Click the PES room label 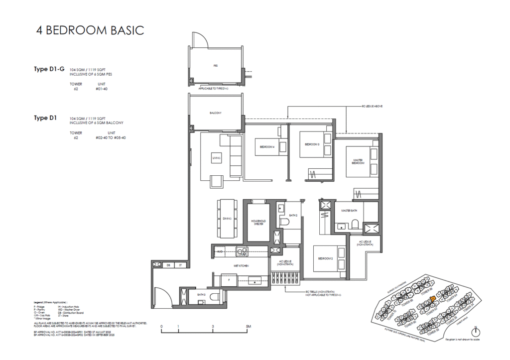[x=216, y=65]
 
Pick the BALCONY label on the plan [x=215, y=113]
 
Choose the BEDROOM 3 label [x=312, y=144]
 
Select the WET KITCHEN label [x=242, y=266]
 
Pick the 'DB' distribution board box [x=169, y=265]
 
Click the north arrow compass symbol [x=477, y=331]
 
